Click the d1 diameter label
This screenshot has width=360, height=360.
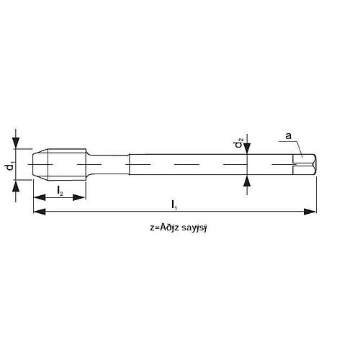point(9,166)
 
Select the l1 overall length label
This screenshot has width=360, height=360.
point(176,204)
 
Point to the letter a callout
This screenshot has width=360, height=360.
point(289,134)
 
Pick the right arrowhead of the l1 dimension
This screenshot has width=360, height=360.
point(310,212)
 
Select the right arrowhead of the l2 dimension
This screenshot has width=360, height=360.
point(81,198)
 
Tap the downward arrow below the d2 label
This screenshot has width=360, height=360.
point(247,149)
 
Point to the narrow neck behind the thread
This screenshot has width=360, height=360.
point(108,164)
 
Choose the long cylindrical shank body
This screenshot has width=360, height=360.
point(209,164)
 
